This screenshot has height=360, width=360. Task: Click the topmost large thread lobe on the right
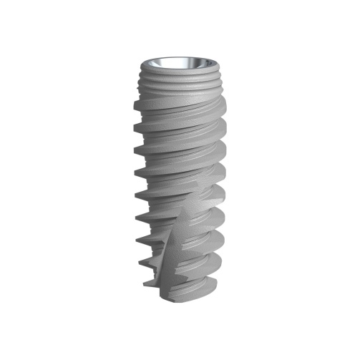(x=223, y=106)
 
